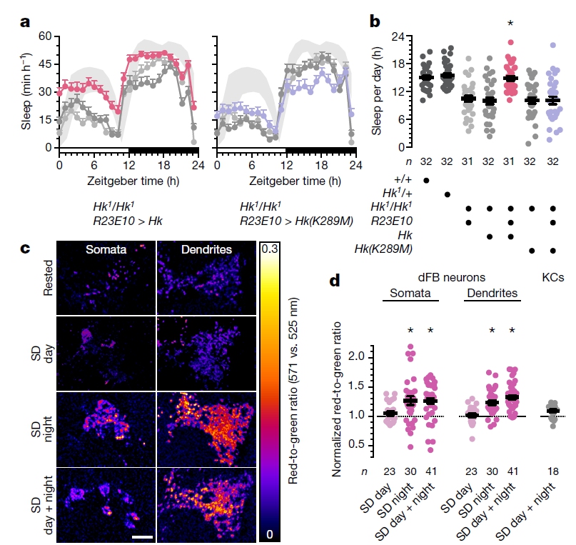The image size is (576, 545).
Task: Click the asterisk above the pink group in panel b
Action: click(x=510, y=24)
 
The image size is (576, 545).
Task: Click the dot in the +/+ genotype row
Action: click(x=426, y=179)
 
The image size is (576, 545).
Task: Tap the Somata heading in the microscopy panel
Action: click(x=106, y=249)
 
